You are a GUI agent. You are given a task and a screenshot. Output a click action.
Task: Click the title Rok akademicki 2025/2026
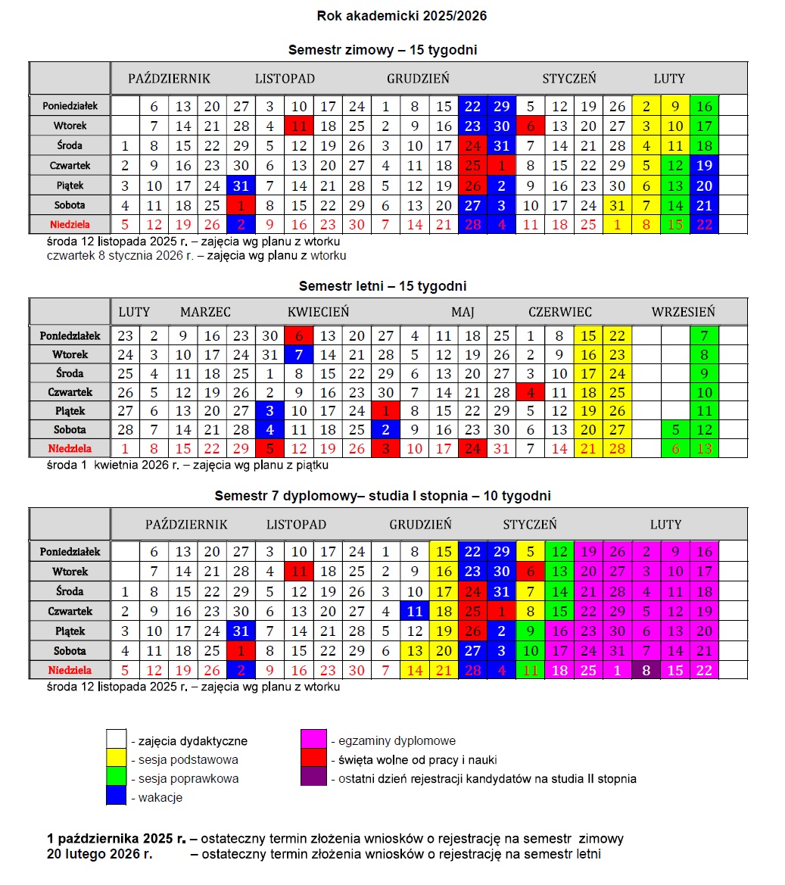(391, 16)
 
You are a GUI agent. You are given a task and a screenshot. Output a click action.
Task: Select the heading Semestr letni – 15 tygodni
(382, 286)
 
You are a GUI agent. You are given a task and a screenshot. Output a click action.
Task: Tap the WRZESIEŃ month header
(683, 312)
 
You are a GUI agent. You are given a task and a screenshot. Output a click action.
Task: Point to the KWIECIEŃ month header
(318, 312)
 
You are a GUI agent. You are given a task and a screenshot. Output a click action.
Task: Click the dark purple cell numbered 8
(646, 670)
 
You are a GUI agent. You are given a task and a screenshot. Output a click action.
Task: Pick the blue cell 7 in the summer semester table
(298, 354)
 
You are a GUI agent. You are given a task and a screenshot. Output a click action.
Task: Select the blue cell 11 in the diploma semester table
(414, 611)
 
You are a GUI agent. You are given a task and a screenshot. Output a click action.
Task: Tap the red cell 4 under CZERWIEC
(530, 392)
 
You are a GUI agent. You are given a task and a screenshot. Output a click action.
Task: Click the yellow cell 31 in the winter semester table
(618, 205)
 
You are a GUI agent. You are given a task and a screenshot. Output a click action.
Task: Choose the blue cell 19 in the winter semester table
(704, 166)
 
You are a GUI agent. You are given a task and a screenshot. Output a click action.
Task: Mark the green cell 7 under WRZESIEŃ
(704, 335)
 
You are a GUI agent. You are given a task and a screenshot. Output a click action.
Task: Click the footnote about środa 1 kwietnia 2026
(187, 465)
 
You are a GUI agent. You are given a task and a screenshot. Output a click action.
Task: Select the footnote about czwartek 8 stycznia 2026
(196, 256)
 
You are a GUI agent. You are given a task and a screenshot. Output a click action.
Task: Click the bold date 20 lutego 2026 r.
(99, 855)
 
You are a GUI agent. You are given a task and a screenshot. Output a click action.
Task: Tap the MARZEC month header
(205, 312)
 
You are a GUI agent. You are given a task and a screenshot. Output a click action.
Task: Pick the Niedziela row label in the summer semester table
(70, 449)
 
